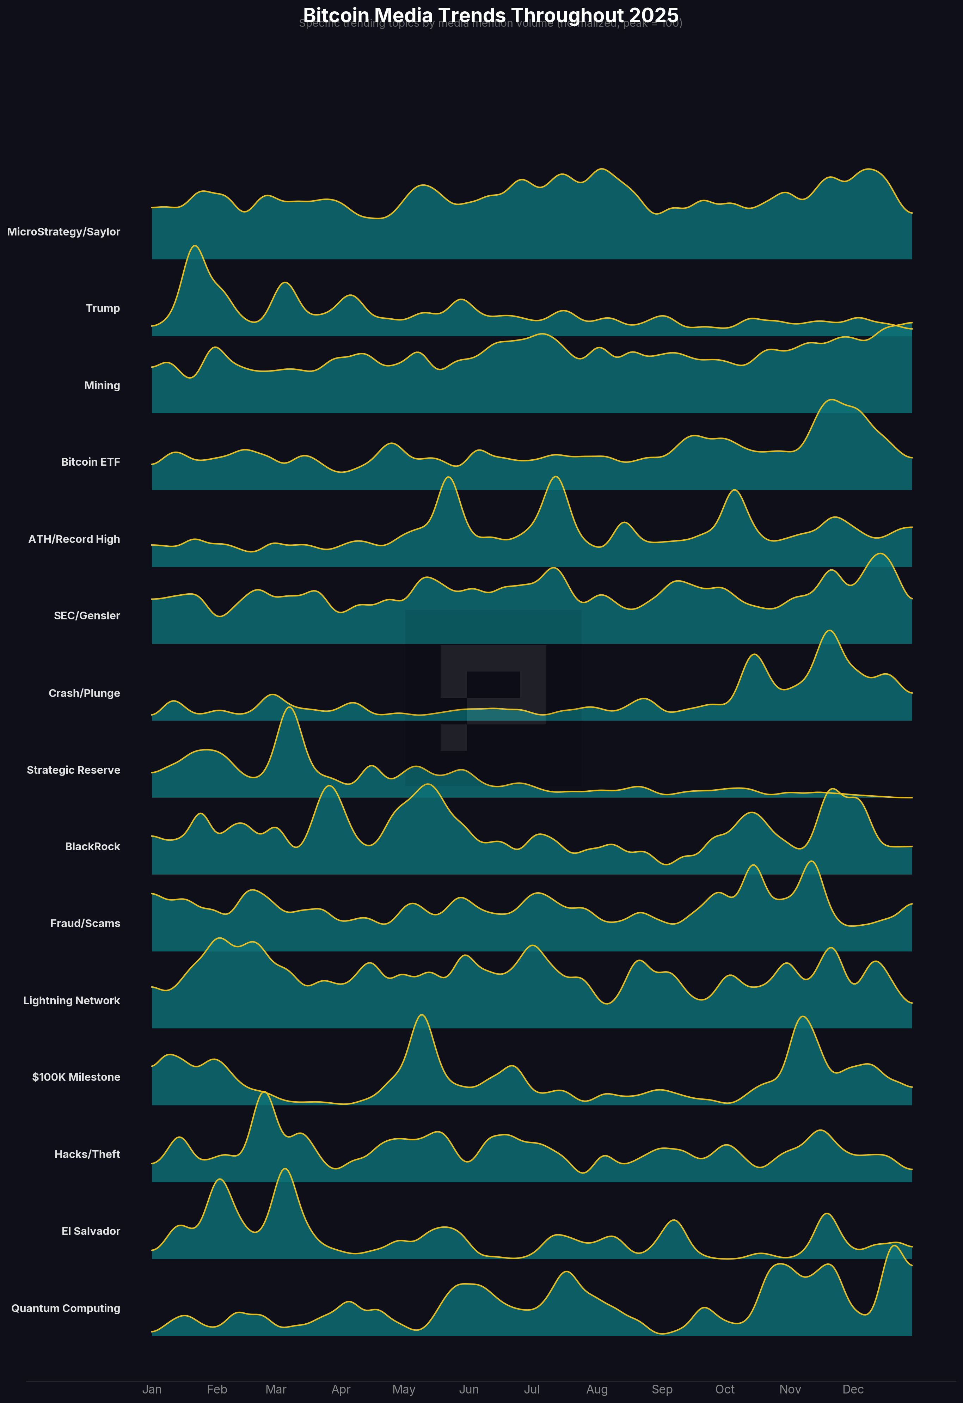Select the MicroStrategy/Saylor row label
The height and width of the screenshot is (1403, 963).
tap(63, 232)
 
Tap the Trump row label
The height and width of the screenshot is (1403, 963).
tap(103, 308)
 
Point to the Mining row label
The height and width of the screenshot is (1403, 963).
tap(102, 386)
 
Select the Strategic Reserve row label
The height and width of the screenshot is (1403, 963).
tap(74, 770)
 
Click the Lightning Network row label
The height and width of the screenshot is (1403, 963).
tap(71, 1001)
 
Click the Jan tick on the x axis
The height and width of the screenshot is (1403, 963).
tap(152, 1390)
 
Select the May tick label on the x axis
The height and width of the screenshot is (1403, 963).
tap(404, 1390)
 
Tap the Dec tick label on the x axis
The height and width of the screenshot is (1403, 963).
tap(853, 1390)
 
